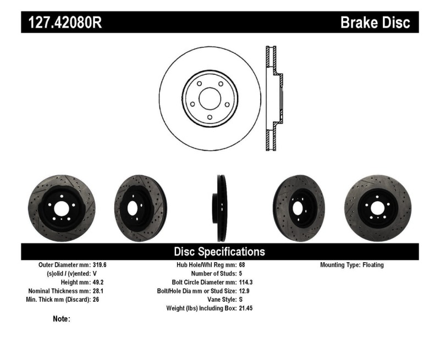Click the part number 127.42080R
click(65, 23)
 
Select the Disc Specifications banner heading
click(219, 252)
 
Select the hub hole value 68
click(243, 265)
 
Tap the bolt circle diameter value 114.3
click(246, 283)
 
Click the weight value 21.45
click(246, 309)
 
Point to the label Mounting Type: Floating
click(352, 265)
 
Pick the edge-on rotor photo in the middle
click(220, 208)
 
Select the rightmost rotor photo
click(378, 207)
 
